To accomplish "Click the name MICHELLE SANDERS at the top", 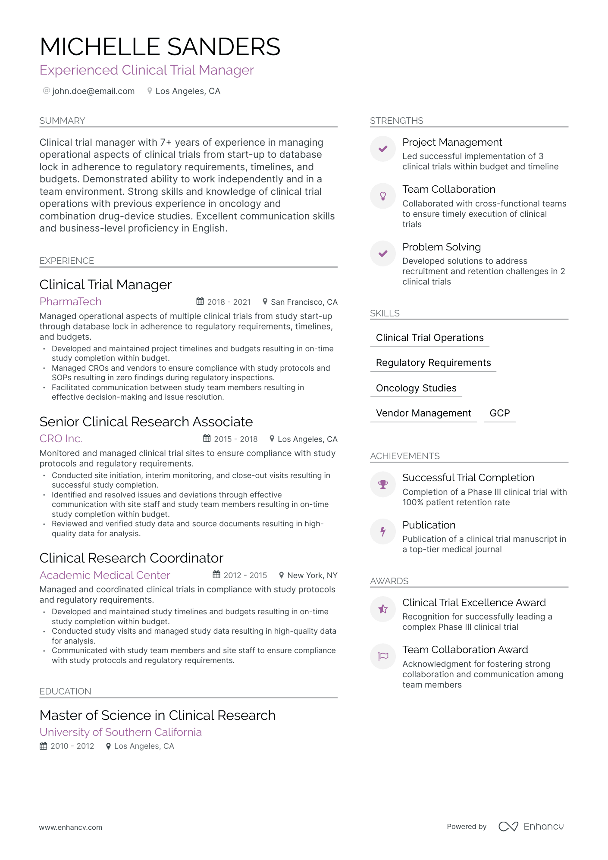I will (160, 47).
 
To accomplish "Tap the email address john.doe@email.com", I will (93, 91).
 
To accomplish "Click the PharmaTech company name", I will (70, 301).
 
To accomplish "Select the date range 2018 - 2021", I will (229, 302).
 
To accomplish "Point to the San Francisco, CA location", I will (304, 302).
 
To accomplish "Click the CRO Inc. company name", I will (61, 438).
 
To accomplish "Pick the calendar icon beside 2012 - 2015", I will (216, 575).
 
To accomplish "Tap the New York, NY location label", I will (312, 575).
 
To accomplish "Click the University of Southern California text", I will (121, 732).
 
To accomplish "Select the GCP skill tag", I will (500, 413).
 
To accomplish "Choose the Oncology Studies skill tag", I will (416, 388).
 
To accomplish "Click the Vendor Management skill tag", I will (423, 413).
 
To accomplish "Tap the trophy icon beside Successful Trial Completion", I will (383, 485).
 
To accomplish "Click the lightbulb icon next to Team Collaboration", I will (383, 196).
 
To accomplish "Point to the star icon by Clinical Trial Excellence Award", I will (383, 609).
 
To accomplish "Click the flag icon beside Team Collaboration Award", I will (383, 656).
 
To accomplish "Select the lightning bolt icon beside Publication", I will (383, 532).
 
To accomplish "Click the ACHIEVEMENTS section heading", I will (405, 456).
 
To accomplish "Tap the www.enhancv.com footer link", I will (71, 827).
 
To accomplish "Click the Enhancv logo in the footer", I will (531, 826).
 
